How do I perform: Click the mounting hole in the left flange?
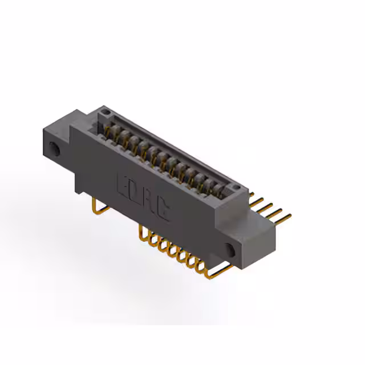pyautogui.click(x=55, y=149)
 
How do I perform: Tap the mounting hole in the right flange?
pyautogui.click(x=231, y=249)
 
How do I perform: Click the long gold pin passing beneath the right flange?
pyautogui.click(x=217, y=274)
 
